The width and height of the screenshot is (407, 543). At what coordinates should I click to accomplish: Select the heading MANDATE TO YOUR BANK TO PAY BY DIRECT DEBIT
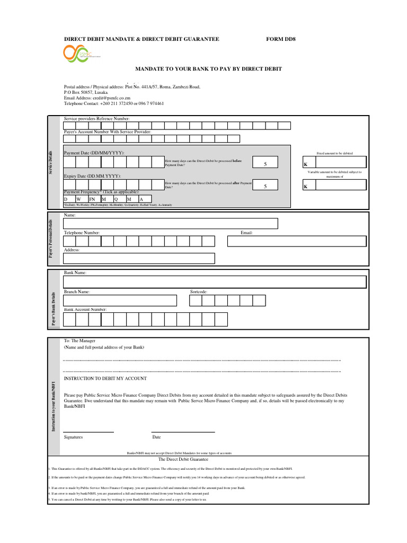click(209, 69)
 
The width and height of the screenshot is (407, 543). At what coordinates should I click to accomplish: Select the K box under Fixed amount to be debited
click(334, 164)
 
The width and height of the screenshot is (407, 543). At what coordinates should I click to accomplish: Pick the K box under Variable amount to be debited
click(334, 186)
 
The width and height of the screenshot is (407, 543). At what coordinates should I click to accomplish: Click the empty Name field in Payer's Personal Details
click(215, 223)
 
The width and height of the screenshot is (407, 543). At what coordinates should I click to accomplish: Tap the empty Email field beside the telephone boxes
click(297, 241)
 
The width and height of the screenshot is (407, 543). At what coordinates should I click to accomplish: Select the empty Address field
click(139, 258)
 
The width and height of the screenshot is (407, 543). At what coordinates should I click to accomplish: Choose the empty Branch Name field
click(119, 301)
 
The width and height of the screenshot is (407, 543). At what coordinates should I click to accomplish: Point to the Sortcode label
click(199, 292)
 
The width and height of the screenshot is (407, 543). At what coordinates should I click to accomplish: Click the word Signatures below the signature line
click(73, 437)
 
